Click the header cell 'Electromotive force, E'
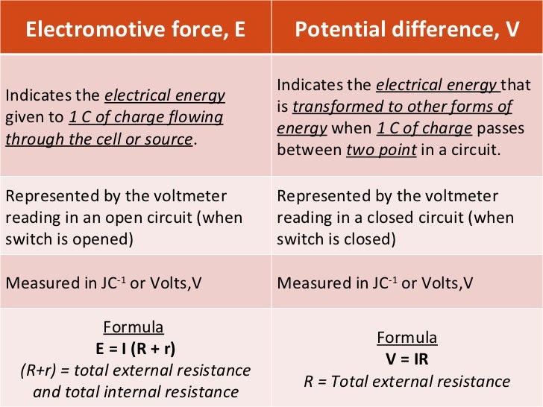(135, 31)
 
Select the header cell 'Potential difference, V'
(407, 31)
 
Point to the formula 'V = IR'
(407, 359)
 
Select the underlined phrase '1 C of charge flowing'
(145, 118)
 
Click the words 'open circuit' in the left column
(150, 218)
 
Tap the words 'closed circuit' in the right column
(421, 218)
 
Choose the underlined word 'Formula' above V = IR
(407, 338)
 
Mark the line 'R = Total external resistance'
(407, 382)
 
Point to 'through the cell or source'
(99, 139)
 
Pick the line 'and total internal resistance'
(136, 392)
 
